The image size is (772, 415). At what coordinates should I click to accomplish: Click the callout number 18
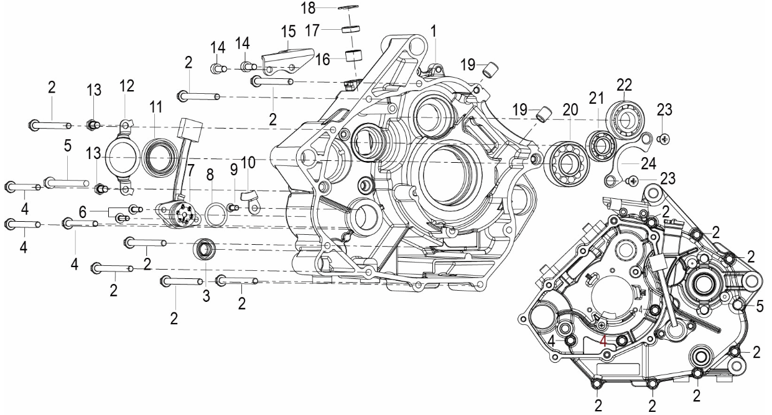pos(308,8)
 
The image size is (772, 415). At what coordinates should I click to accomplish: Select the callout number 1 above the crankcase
pos(434,31)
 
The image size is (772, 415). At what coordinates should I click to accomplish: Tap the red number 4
pos(603,341)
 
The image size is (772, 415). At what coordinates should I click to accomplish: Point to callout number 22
pos(624,84)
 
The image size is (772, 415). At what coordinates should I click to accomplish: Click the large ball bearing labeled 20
pos(567,162)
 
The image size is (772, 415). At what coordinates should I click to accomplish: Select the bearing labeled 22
pos(623,119)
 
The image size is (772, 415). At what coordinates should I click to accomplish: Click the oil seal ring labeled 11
pos(159,158)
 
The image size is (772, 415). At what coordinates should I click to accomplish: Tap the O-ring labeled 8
pos(216,215)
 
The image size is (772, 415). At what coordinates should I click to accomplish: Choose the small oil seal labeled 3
pos(205,249)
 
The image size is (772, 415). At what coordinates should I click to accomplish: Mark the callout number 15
pos(288,32)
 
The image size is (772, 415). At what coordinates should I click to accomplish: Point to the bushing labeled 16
pos(355,57)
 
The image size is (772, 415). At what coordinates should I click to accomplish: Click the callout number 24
pos(648,163)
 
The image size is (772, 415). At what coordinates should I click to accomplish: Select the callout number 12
pos(126,86)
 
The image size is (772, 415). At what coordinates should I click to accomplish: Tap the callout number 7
pos(190,170)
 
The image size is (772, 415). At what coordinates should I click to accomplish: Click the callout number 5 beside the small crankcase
pos(760,306)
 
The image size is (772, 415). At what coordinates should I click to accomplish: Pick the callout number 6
pos(82,212)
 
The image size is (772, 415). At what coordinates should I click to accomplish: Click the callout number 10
pos(248,162)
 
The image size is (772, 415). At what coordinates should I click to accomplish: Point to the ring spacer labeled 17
pos(350,29)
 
